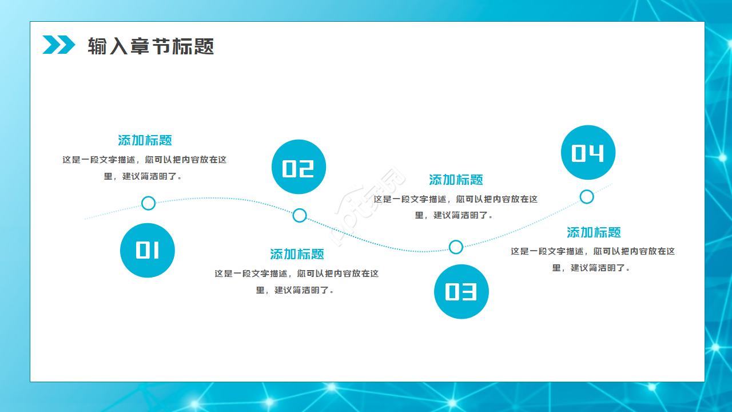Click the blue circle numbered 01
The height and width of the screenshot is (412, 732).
point(148,250)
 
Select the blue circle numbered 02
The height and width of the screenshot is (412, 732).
point(299,167)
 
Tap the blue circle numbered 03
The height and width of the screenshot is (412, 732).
point(461,292)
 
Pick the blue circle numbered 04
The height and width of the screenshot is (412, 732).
point(588,153)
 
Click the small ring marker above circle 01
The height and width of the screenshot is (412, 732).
point(148,203)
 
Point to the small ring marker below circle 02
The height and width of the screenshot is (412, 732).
point(300,216)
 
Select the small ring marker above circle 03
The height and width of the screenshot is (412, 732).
point(456,247)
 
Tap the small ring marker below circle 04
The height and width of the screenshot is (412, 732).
point(587,197)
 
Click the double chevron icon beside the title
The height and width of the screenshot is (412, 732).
point(59,45)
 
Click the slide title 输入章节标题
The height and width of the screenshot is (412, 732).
point(151,46)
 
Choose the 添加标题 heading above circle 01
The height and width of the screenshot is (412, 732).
point(145,140)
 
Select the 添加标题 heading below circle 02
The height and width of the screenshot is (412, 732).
point(297,254)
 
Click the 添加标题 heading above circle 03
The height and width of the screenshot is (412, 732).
point(456,180)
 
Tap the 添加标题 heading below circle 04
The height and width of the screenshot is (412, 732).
point(594,232)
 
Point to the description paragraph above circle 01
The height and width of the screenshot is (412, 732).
point(145,168)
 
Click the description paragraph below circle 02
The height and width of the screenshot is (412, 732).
point(297,282)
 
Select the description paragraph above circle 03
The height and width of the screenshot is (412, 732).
point(456,207)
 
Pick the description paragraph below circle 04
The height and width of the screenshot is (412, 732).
point(593,259)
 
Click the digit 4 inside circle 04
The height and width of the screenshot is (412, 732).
point(596,153)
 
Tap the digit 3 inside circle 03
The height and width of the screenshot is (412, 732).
point(469,292)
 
